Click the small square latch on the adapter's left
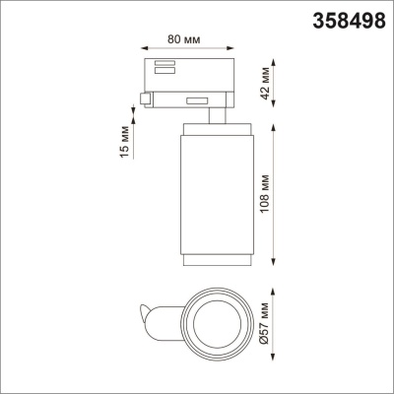[147, 98]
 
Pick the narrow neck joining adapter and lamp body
[213, 116]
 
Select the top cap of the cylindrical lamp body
[212, 130]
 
